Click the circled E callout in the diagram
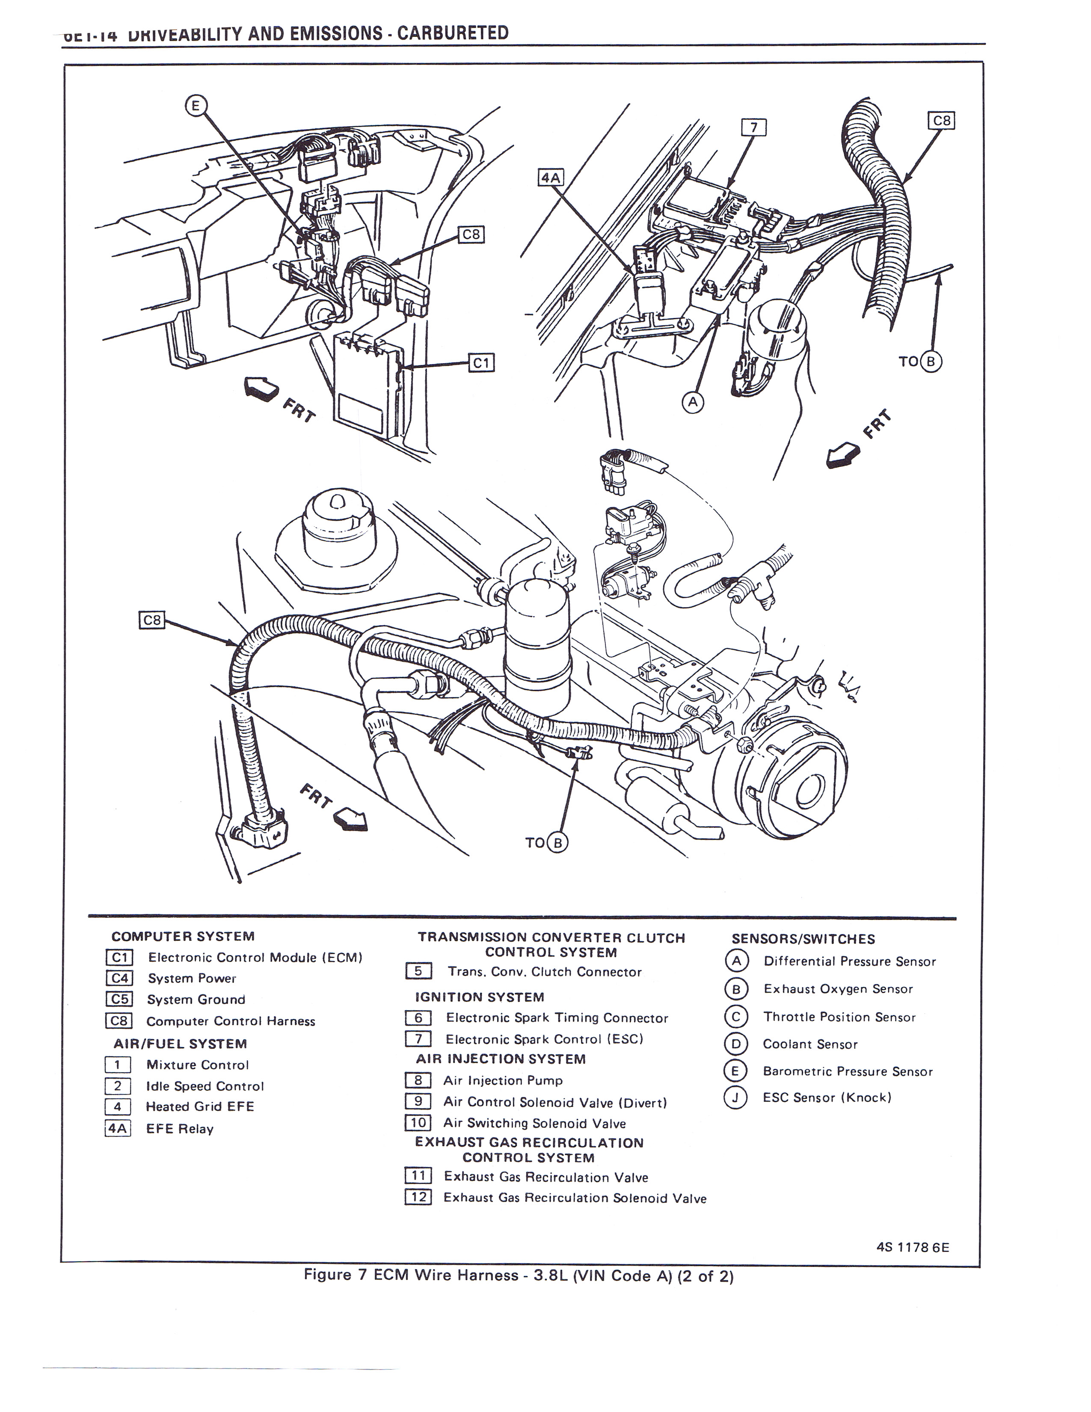point(196,105)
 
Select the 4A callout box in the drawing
point(551,176)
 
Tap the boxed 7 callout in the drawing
point(753,128)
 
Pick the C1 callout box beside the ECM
point(481,363)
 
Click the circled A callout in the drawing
point(693,402)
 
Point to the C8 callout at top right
point(941,121)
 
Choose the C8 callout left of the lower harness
point(152,620)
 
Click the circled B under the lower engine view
point(557,842)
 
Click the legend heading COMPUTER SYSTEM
point(183,936)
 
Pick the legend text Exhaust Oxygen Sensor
point(838,989)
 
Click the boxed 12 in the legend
point(418,1197)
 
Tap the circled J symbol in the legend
point(735,1097)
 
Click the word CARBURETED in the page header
point(452,33)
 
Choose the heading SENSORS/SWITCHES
point(803,939)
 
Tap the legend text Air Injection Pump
point(503,1080)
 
